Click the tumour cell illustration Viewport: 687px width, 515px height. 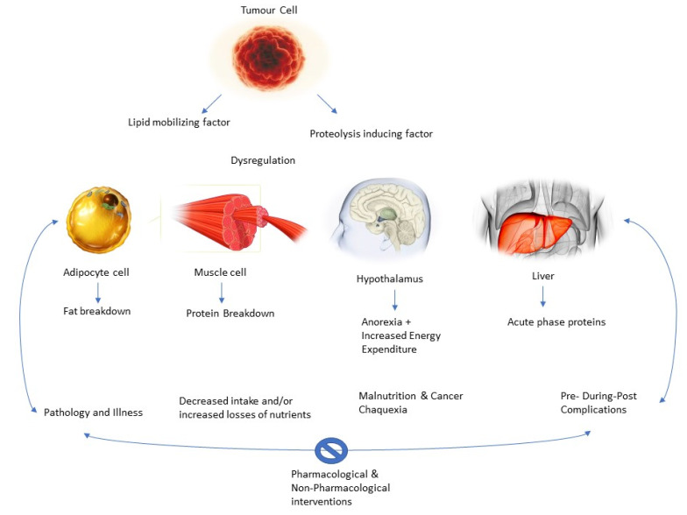pos(268,60)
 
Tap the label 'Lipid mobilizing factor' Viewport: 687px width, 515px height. pos(178,122)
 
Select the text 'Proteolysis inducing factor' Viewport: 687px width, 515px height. pos(372,134)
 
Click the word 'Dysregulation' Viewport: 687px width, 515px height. pos(263,160)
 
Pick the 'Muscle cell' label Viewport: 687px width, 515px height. pos(220,272)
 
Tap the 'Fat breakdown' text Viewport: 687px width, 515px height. pos(96,311)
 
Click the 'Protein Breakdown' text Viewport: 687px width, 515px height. pos(230,314)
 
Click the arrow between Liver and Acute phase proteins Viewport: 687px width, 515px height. pos(544,297)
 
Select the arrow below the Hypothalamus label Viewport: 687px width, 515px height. pos(394,300)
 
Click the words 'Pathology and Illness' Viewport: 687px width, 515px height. pos(93,411)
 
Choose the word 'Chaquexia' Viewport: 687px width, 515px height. pos(383,409)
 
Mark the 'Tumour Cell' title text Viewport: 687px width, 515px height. pos(268,11)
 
